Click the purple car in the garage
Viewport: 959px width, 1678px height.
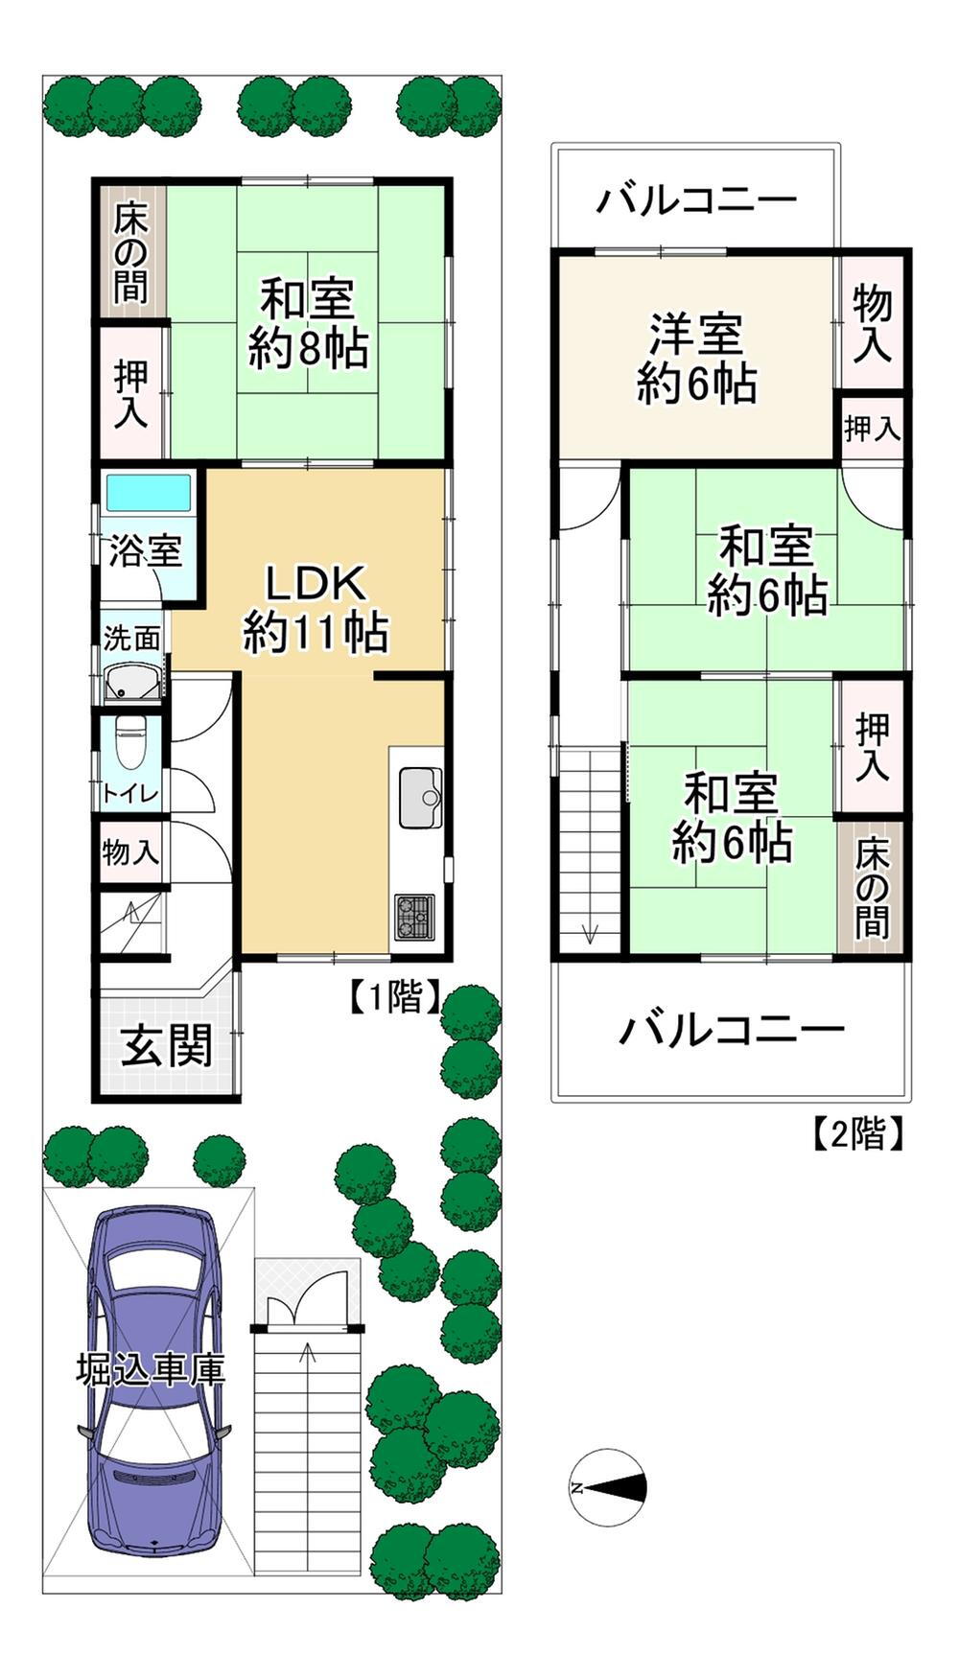[x=153, y=1381]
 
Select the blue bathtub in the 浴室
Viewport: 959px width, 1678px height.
[x=149, y=494]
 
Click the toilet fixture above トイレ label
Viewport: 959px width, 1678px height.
[x=129, y=743]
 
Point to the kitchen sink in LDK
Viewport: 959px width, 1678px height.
[x=420, y=797]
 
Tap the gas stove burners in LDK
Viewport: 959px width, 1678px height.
[x=414, y=916]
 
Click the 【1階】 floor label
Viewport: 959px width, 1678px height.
[x=393, y=997]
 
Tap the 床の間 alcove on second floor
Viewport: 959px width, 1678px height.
[x=872, y=887]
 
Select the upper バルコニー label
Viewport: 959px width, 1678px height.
[x=696, y=200]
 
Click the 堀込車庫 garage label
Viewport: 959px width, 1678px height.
[x=151, y=1369]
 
